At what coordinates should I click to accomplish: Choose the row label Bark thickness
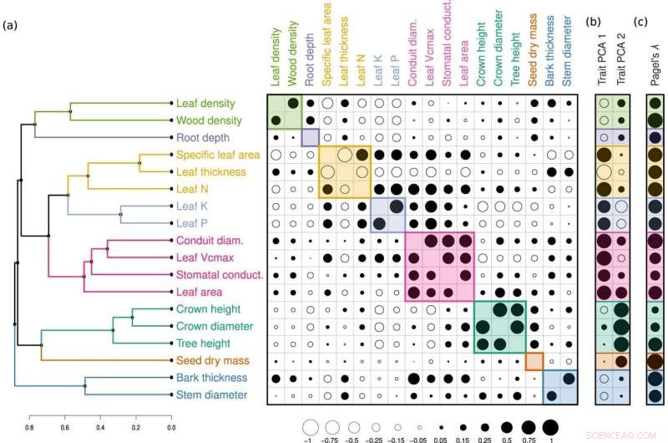210,378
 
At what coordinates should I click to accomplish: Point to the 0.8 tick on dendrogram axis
29,427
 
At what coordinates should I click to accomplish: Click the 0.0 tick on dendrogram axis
171,427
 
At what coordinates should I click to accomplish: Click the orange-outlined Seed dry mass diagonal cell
534,360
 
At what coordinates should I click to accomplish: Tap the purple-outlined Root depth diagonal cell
310,137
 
